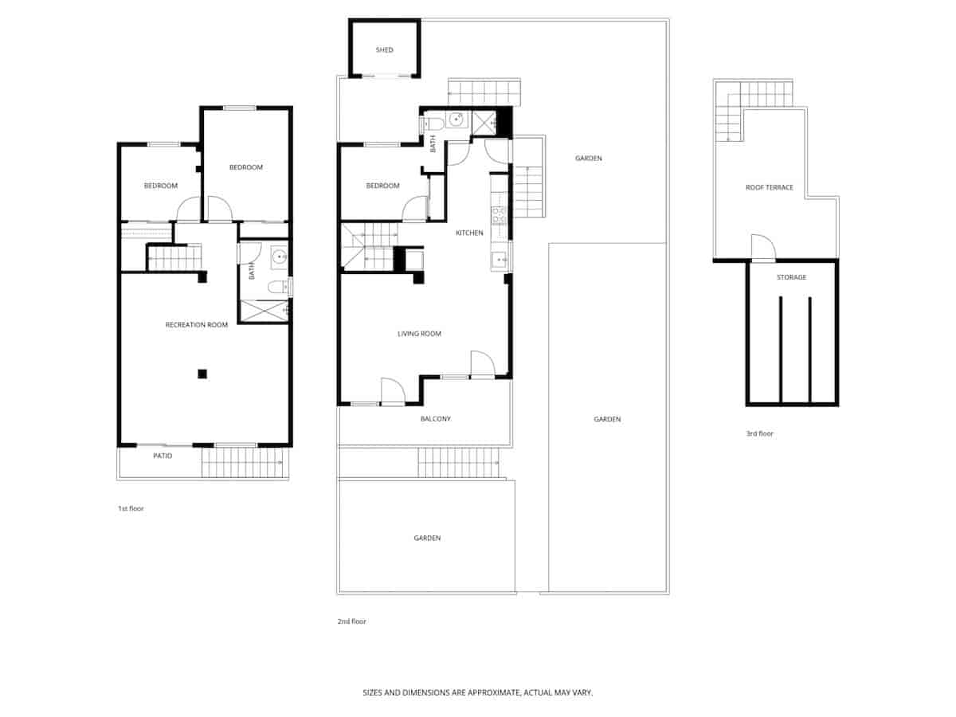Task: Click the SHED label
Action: coord(385,50)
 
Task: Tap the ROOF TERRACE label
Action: coord(769,187)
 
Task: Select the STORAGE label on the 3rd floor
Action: coord(791,277)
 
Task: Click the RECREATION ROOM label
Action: coord(196,324)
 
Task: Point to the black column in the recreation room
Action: coord(202,373)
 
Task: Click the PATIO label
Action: coord(163,456)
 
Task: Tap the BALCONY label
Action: coord(435,418)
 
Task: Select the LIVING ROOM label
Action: coord(419,334)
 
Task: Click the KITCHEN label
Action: coord(469,233)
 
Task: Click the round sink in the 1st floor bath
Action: coord(279,257)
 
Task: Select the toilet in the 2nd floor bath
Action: coord(433,123)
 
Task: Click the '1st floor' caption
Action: coord(131,507)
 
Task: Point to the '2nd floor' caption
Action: coord(351,621)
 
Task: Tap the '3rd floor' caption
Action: coord(759,433)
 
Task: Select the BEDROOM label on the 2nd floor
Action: coord(382,186)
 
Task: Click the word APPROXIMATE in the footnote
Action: coord(491,693)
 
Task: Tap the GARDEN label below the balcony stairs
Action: coord(427,538)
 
